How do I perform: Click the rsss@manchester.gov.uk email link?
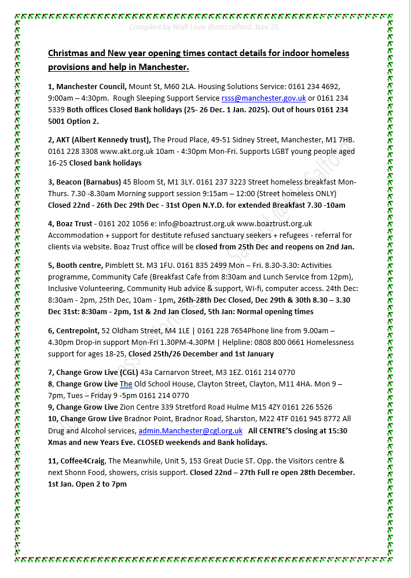click(x=263, y=98)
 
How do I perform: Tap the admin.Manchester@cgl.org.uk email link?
click(x=190, y=430)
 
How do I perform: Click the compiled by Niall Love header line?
click(x=203, y=27)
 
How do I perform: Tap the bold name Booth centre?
click(x=79, y=266)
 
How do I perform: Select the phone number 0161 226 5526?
click(x=309, y=407)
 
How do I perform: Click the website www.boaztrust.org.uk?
click(x=274, y=223)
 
